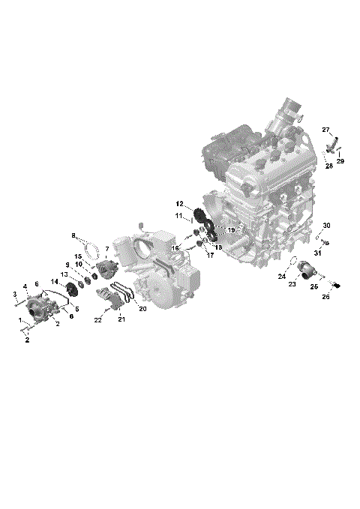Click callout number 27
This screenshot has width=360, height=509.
(326, 130)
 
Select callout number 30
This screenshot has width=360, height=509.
(326, 226)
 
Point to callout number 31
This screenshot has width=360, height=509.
(317, 253)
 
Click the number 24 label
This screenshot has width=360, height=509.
(282, 277)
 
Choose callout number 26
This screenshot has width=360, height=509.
(326, 297)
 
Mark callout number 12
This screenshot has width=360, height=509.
(180, 203)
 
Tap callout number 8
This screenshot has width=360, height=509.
(73, 236)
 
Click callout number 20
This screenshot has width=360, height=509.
(142, 308)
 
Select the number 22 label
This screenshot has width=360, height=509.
(97, 321)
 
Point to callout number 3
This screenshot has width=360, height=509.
(15, 293)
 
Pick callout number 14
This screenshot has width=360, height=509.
(54, 281)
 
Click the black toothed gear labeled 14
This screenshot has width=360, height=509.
(73, 290)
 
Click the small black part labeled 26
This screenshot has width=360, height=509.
(337, 284)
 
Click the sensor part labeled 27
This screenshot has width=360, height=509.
(333, 143)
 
